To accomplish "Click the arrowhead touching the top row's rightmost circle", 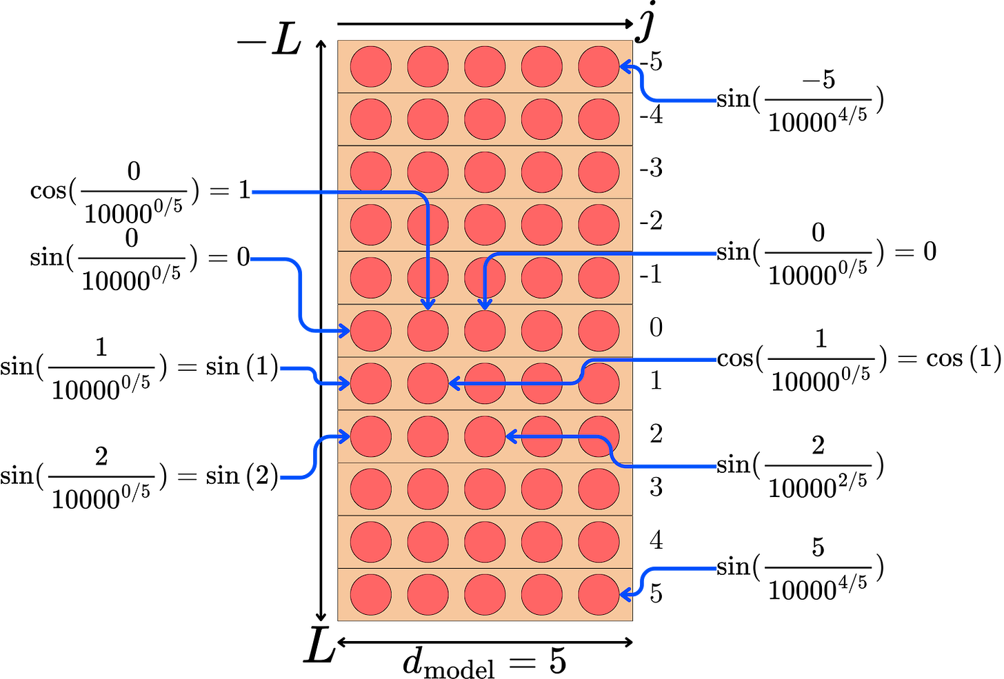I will coord(624,67).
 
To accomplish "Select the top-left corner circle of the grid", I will coord(371,67).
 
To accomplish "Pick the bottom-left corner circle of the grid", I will coord(371,595).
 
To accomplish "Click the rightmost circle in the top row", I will coord(599,67).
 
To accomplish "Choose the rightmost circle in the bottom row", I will coord(599,595).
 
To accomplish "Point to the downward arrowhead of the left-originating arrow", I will coord(428,304).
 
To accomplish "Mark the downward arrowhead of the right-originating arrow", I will coord(485,304).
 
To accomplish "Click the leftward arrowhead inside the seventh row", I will coord(454,383).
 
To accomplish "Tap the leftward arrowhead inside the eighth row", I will coord(511,436).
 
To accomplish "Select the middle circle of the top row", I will coord(485,67).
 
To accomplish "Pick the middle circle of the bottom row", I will coord(485,595).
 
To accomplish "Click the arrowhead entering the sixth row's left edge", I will coord(345,331).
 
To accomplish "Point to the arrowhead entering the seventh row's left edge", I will coord(345,383).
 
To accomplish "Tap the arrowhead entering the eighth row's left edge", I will coord(345,436).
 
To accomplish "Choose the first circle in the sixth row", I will coord(371,331).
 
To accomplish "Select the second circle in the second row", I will coord(428,119).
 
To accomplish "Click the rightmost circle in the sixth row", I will coord(599,331).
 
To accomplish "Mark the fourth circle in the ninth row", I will coord(542,489).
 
